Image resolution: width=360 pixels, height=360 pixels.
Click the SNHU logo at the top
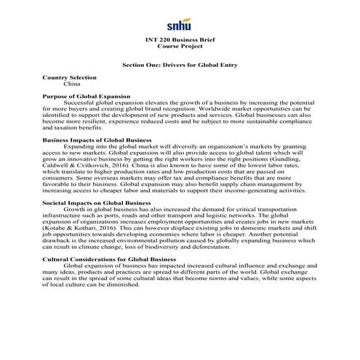coord(180,23)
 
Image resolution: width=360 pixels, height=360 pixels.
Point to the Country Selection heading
coord(69,78)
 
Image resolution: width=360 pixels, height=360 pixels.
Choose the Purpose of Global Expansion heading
coord(87,97)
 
